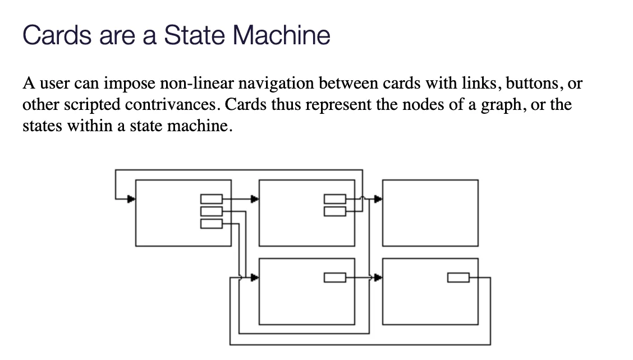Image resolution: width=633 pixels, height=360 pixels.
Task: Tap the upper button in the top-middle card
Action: coord(335,199)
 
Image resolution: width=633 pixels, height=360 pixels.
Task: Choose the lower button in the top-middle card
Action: coord(335,211)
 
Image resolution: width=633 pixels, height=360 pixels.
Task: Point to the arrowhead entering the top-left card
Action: coord(131,199)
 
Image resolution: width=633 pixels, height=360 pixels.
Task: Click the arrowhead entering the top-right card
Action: coord(378,199)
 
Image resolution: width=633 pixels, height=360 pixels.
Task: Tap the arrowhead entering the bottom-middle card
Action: coord(255,277)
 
